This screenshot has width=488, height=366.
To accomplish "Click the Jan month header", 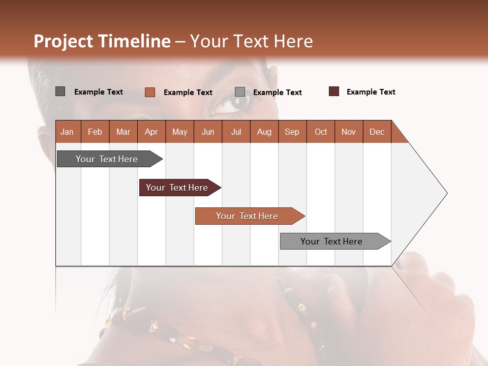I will coord(68,132).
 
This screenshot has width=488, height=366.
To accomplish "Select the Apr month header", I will coord(151,132).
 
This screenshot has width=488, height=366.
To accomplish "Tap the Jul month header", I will coord(236,132).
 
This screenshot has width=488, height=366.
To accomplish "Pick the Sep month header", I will coord(292,132).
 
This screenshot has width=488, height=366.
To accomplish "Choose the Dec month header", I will coord(377,132).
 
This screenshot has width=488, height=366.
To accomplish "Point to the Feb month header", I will coord(95,132).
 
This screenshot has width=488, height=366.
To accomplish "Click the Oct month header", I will coord(321,132).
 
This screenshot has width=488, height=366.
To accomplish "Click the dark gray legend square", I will coord(60,91).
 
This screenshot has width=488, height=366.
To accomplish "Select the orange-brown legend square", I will coord(149,92).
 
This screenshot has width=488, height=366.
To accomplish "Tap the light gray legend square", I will coord(240,92).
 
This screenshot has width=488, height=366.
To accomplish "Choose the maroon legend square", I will coord(334,91).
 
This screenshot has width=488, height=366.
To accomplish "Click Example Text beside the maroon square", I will coord(371,92).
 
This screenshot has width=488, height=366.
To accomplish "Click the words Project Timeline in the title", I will coord(102,41).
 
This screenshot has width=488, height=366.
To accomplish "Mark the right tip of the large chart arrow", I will coord(446,193).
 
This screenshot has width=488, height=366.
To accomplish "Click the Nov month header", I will coord(349,132).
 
